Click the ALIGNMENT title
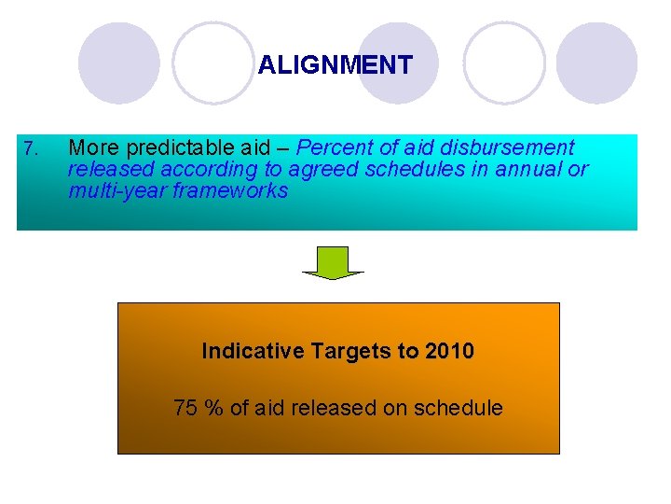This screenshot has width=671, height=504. pos(335,65)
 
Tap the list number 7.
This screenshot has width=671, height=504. pos(31,148)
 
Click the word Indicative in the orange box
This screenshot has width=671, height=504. pos(253,352)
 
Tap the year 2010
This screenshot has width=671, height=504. pos(449,352)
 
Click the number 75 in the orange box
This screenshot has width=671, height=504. pos(185,408)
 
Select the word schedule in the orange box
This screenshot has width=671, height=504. pos(459,408)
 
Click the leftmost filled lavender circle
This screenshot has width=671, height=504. pos(118,63)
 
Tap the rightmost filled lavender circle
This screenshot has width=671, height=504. pos(596,63)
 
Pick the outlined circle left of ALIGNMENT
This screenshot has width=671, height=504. pos(213,63)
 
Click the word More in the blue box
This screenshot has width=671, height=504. pos(94,148)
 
